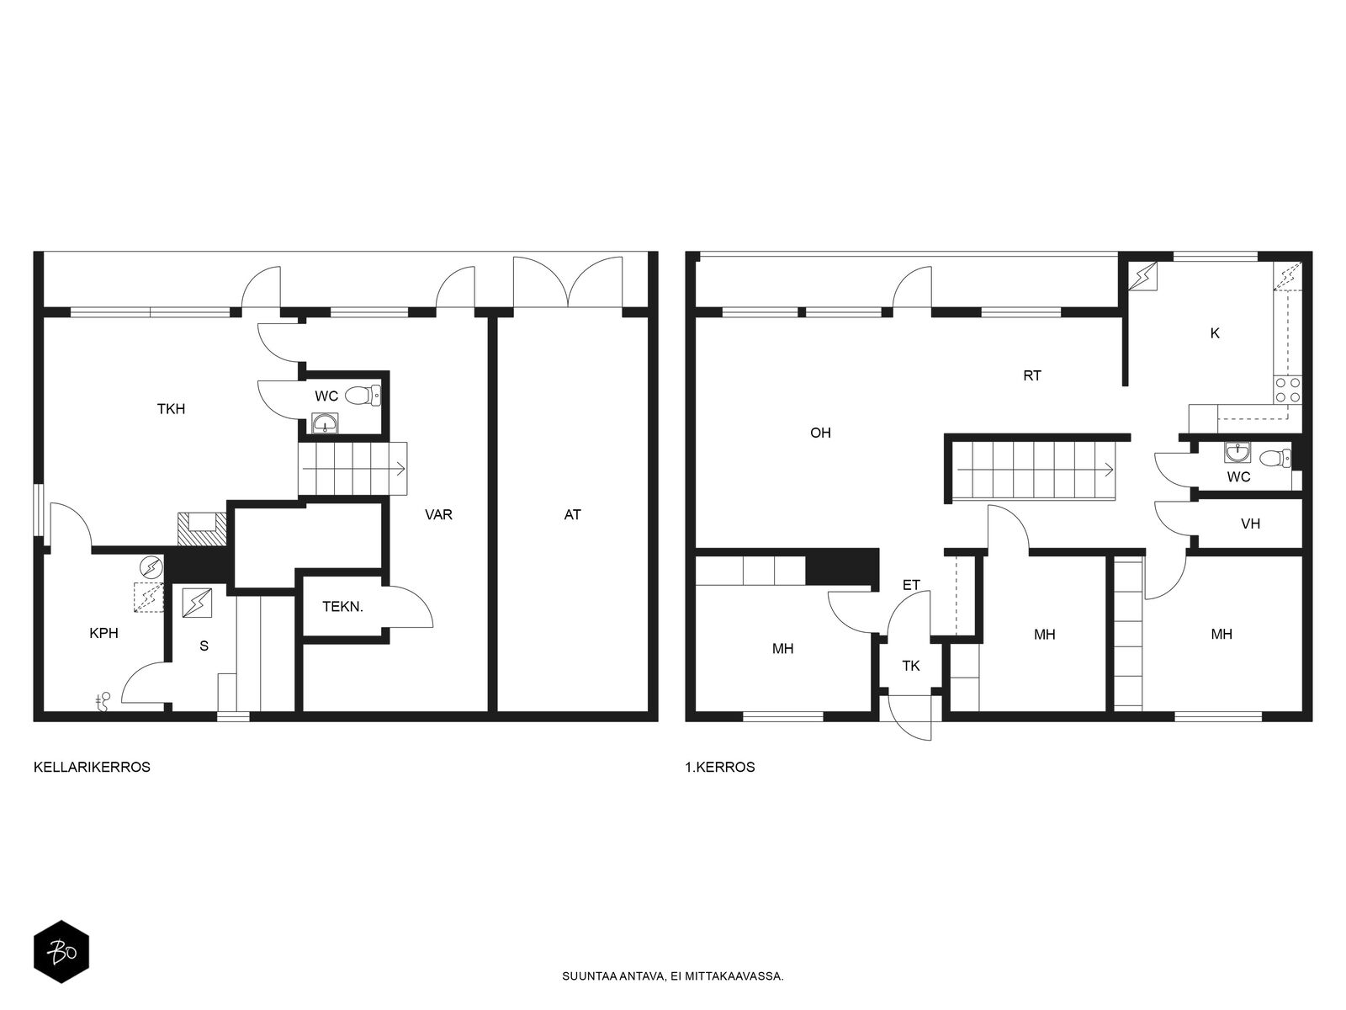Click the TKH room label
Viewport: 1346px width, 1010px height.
coord(171,409)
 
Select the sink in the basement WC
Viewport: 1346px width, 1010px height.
coord(325,423)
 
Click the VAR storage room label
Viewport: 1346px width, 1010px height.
coord(438,514)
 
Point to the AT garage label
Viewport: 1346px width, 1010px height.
coord(572,515)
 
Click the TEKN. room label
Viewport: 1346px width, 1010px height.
coord(342,607)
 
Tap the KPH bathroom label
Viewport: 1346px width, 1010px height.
coord(103,634)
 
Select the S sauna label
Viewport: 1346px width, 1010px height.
coord(204,646)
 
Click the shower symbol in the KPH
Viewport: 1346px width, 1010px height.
coord(103,702)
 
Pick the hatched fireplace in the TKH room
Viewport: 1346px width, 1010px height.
coord(202,529)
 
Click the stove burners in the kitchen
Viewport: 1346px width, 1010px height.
coord(1288,390)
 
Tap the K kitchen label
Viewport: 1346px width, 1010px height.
coord(1215,333)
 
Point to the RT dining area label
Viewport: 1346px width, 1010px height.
coord(1032,376)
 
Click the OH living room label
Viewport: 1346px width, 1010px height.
coord(820,433)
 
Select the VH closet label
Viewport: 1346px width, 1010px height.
coord(1250,524)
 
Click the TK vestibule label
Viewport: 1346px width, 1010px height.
coord(910,666)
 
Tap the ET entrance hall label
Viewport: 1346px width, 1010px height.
coord(911,585)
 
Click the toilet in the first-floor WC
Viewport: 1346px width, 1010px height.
coord(1276,458)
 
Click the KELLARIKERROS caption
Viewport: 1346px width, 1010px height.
coord(92,767)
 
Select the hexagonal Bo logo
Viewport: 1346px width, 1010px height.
coord(61,952)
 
